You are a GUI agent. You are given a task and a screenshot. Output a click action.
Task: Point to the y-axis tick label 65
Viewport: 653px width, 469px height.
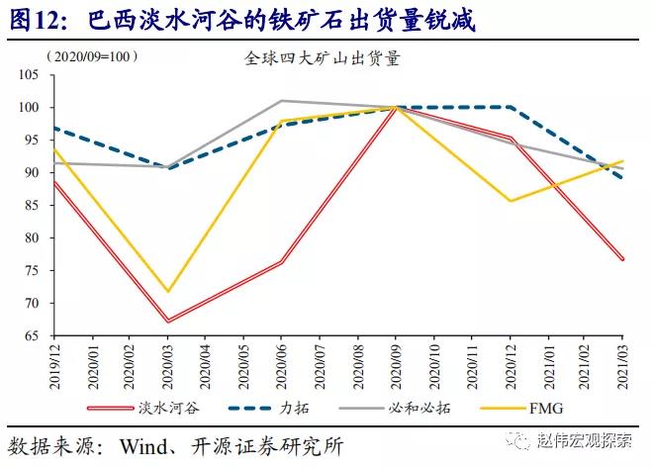(x=30, y=336)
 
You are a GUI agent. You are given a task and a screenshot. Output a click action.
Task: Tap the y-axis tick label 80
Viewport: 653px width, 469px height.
(x=30, y=238)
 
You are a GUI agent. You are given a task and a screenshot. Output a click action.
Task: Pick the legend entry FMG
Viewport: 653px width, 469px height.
(x=548, y=408)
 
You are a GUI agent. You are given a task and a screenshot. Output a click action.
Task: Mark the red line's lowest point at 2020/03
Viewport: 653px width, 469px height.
(x=168, y=321)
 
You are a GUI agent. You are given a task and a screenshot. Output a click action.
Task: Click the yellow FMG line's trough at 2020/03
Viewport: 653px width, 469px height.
(x=168, y=292)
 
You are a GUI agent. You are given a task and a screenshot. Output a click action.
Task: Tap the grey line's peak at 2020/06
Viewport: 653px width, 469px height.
(x=282, y=101)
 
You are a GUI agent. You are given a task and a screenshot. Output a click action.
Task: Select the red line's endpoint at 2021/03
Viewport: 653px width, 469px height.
(x=622, y=259)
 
